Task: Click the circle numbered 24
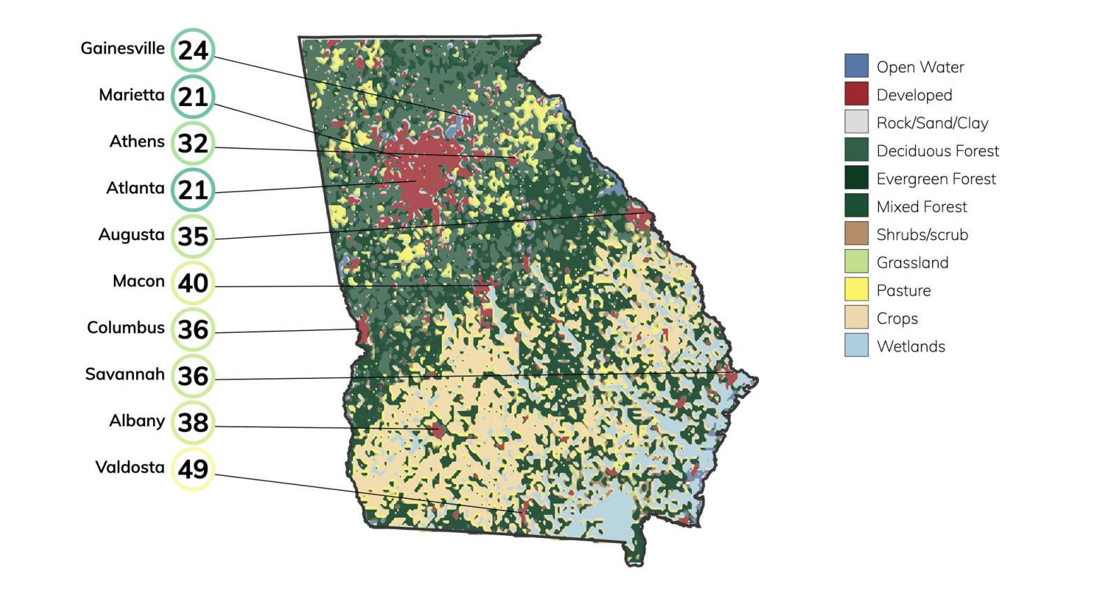[193, 50]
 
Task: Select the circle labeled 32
[193, 143]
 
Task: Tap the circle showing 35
[193, 237]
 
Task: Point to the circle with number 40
[193, 283]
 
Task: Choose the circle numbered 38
[193, 422]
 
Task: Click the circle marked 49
[193, 469]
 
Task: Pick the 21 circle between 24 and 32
[193, 96]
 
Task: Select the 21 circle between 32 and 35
[193, 190]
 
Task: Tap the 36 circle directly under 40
[193, 329]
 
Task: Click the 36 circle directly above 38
[193, 376]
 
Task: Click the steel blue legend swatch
[857, 66]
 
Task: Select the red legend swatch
[857, 94]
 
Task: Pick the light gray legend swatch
[857, 121]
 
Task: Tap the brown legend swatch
[857, 233]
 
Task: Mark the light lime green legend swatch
[857, 261]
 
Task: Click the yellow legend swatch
[857, 289]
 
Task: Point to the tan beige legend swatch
[857, 317]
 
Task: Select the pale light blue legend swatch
[857, 345]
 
